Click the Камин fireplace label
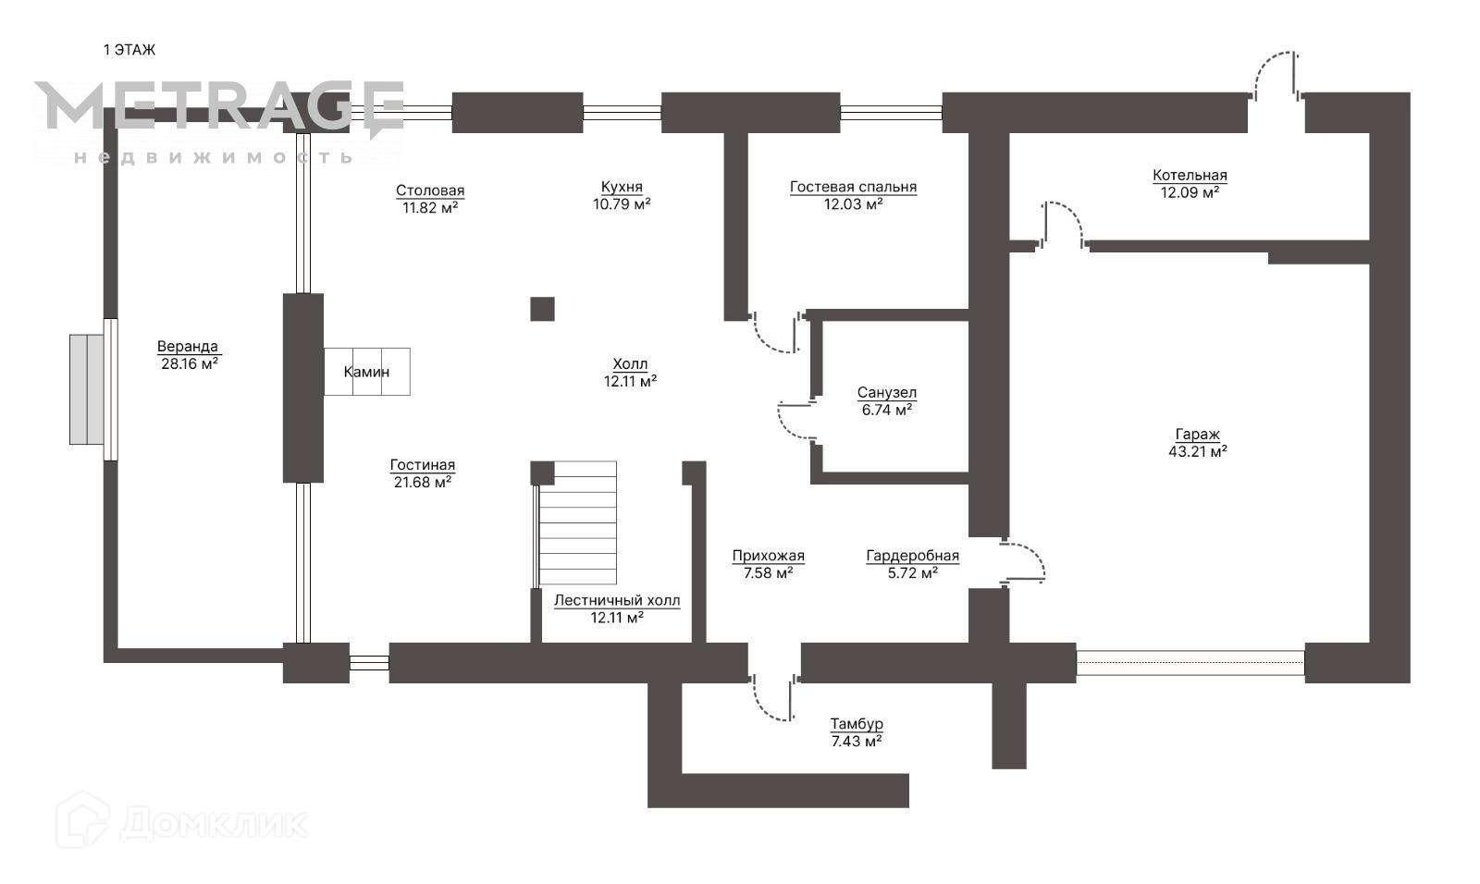tap(366, 372)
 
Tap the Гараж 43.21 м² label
tap(1198, 443)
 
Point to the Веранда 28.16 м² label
tap(188, 355)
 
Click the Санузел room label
tap(887, 401)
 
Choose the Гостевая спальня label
tap(853, 195)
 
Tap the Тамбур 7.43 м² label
tap(857, 731)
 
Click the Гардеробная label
tap(912, 564)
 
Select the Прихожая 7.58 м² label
tap(768, 564)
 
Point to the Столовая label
tap(430, 199)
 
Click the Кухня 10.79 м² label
tap(622, 195)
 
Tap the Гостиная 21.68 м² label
tap(423, 473)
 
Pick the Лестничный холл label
tap(617, 608)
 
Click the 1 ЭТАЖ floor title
tap(129, 50)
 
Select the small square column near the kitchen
tap(542, 309)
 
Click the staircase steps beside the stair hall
tap(577, 522)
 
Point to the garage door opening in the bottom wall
tap(1190, 663)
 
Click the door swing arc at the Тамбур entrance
tap(771, 699)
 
